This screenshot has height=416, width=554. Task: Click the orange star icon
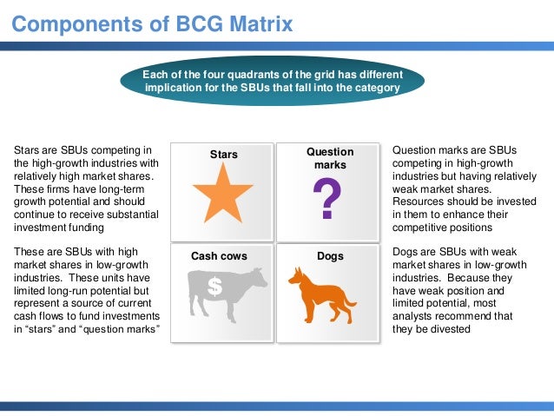pyautogui.click(x=222, y=195)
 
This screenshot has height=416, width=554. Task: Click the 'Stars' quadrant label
pyautogui.click(x=223, y=155)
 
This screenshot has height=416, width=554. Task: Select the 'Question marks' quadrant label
pyautogui.click(x=330, y=158)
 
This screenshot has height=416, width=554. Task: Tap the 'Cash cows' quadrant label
pyautogui.click(x=219, y=256)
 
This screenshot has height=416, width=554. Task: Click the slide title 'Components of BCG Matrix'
pyautogui.click(x=152, y=23)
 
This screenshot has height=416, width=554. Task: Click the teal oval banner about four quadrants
pyautogui.click(x=283, y=81)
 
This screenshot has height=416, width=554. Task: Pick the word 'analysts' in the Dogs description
pyautogui.click(x=415, y=316)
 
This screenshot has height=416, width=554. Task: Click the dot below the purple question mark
pyautogui.click(x=326, y=215)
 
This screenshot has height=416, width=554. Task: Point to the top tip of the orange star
pyautogui.click(x=222, y=164)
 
